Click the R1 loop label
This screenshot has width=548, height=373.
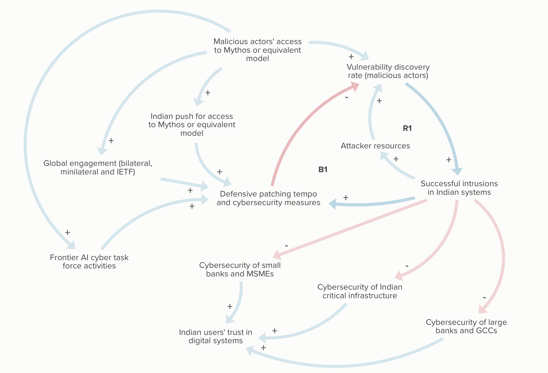click(407, 128)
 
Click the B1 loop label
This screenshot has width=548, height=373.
click(323, 170)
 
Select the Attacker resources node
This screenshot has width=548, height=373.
click(375, 146)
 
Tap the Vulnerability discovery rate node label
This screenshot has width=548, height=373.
click(388, 71)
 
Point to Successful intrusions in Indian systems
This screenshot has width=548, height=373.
click(459, 188)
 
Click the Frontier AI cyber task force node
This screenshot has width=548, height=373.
click(89, 262)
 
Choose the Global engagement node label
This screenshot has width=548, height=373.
click(98, 167)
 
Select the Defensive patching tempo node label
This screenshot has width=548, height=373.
click(268, 198)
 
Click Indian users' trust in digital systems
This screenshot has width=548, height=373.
click(215, 336)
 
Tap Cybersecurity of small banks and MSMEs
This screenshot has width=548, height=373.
click(240, 269)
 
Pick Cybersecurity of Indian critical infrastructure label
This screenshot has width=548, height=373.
click(360, 291)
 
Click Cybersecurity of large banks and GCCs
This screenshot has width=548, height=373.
click(466, 326)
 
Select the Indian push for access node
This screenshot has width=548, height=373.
click(192, 125)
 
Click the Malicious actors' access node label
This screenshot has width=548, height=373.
click(257, 50)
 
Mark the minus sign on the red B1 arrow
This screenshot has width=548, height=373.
click(347, 97)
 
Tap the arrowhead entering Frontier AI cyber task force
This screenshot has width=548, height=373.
click(71, 245)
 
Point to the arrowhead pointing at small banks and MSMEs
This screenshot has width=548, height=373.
click(277, 254)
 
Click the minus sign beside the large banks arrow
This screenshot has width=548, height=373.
click(484, 298)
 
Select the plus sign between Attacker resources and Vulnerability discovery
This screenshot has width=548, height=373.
click(379, 101)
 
